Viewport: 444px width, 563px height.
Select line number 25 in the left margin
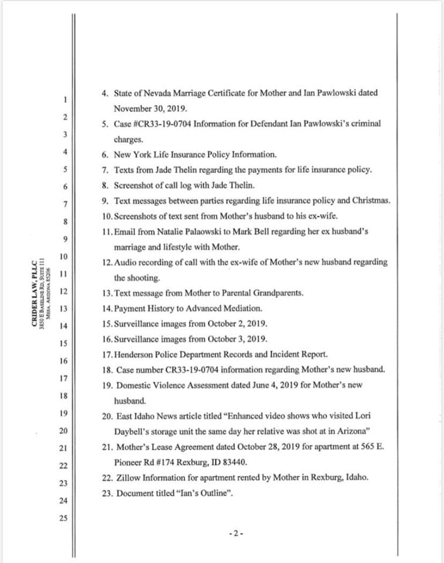click(x=65, y=518)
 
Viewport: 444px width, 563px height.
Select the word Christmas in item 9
click(x=370, y=201)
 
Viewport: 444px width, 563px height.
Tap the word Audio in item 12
click(x=126, y=262)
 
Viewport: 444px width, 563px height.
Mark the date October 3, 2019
click(x=236, y=338)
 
